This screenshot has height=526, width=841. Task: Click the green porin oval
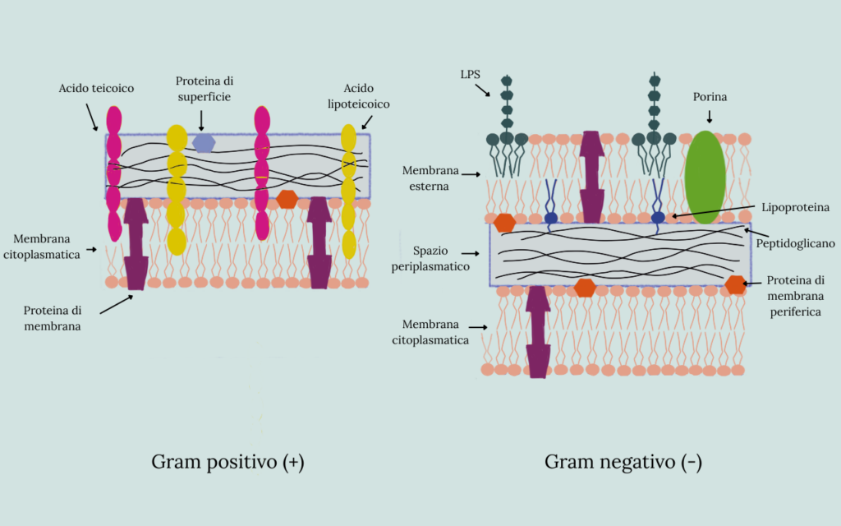[x=705, y=177]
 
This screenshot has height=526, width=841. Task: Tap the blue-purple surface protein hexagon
[x=204, y=143]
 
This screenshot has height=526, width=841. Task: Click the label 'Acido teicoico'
[x=96, y=88]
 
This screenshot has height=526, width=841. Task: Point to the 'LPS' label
[x=471, y=74]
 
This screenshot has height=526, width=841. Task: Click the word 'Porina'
[x=709, y=97]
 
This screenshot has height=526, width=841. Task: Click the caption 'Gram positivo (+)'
[x=227, y=462]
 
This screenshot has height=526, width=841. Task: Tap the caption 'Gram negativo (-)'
[x=623, y=462]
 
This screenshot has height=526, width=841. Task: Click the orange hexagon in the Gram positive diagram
[x=287, y=198]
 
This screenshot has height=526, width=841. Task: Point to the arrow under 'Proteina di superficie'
[x=201, y=120]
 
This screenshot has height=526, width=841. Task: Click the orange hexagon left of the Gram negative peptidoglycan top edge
[x=504, y=222]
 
